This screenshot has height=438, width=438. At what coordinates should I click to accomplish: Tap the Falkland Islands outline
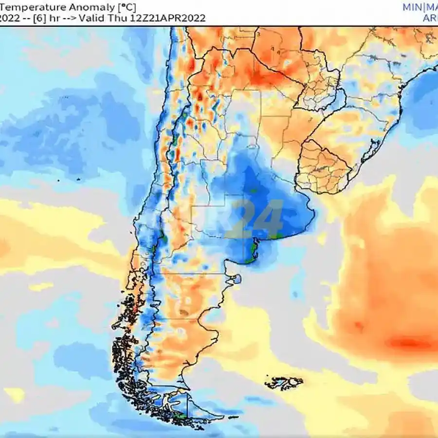pos(283,382)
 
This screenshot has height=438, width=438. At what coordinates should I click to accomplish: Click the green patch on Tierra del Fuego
pos(181,416)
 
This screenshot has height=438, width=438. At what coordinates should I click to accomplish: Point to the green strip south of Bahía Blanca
pos(252,251)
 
